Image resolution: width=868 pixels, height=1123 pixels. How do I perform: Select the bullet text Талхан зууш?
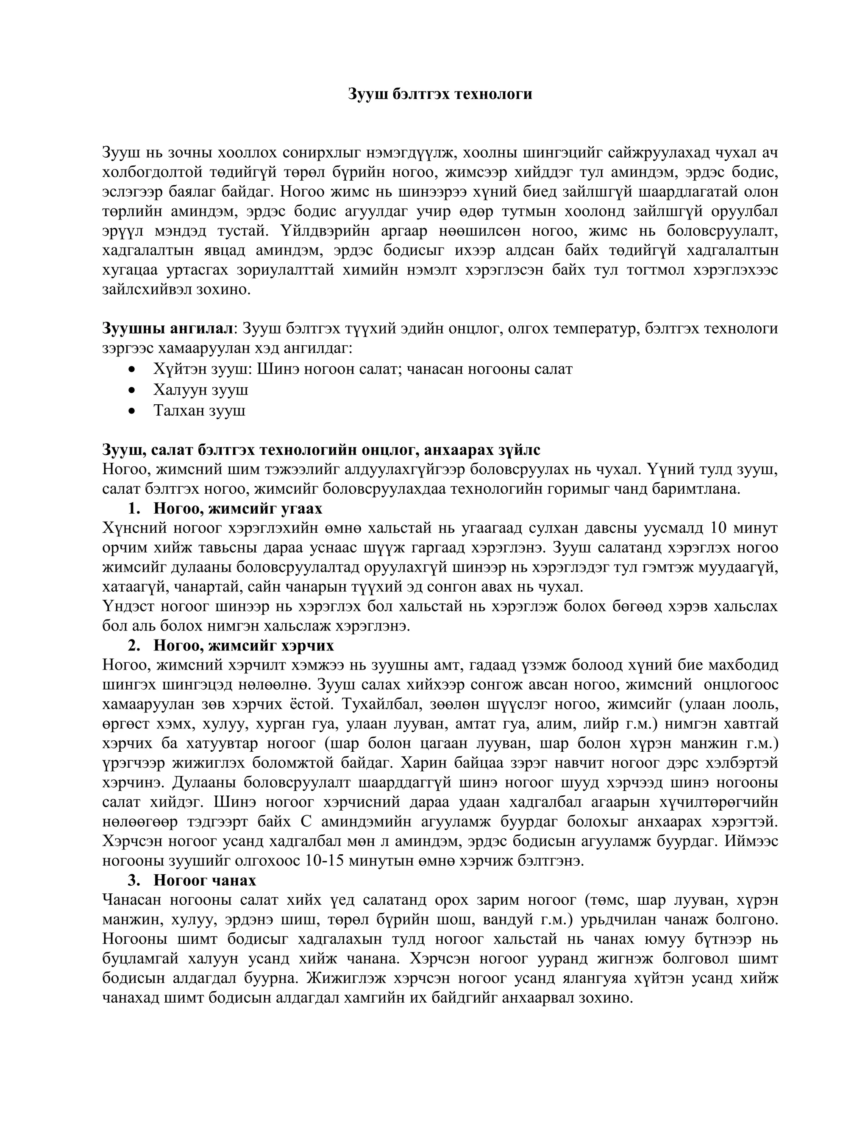tap(199, 411)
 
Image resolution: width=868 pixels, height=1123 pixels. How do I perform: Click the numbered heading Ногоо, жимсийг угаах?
tap(238, 509)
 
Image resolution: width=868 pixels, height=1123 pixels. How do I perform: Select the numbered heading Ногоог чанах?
tap(204, 880)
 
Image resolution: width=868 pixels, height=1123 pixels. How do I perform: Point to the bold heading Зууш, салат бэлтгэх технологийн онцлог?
tap(321, 450)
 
